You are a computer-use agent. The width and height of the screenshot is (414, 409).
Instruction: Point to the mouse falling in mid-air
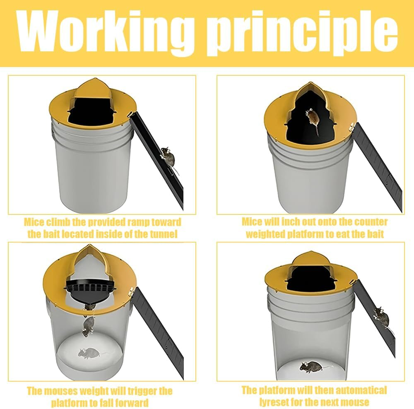pos(89,325)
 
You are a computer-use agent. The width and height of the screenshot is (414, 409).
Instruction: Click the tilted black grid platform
pos(91,291)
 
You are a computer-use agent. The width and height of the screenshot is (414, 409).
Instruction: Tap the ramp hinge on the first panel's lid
pos(131,114)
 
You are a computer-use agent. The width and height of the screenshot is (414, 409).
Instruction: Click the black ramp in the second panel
pos(379,166)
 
